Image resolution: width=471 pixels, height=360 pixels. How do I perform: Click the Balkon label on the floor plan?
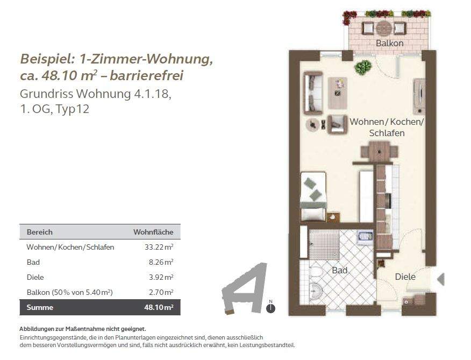[x=389, y=43]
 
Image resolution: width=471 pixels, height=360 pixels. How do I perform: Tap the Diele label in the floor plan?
[x=405, y=277]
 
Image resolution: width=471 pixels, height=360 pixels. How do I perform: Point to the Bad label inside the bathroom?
[x=339, y=270]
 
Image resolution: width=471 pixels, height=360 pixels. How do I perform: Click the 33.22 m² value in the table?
[x=159, y=247]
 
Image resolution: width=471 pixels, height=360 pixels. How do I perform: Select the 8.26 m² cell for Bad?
[x=161, y=262]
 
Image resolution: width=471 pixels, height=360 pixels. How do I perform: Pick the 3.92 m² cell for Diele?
[x=161, y=277]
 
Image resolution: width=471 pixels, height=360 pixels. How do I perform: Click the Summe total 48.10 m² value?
[x=159, y=307]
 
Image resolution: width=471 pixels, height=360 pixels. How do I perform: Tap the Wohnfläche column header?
[x=153, y=232]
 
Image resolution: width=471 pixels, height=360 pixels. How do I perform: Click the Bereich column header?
[x=39, y=232]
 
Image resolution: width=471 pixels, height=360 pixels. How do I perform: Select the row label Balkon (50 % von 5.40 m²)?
[x=70, y=292]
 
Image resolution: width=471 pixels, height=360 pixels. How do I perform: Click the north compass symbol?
[x=270, y=307]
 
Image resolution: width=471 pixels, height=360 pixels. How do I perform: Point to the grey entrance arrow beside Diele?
[x=441, y=279]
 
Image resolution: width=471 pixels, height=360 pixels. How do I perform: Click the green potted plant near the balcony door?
[x=363, y=67]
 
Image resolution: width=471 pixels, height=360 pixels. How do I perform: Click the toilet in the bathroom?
[x=315, y=272]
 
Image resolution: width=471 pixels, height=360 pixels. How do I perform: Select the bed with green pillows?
[x=313, y=197]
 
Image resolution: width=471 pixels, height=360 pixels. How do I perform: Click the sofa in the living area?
[x=313, y=93]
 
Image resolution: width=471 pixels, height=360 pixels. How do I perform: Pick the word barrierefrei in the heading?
[x=146, y=75]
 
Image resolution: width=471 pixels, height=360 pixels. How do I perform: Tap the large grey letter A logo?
[x=245, y=289]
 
